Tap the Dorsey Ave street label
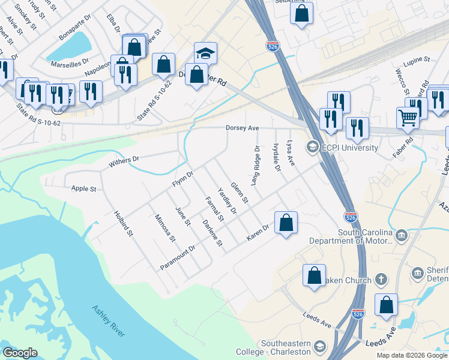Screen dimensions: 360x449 (242, 128)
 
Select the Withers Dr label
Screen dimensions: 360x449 (124, 161)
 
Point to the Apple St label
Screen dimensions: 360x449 (84, 189)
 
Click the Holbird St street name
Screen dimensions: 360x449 (123, 223)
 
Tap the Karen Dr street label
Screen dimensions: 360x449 (258, 234)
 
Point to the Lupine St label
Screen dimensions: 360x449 (418, 60)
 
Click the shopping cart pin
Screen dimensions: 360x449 (408, 118)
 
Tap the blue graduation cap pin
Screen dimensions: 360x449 (205, 53)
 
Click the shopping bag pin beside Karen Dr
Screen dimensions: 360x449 (286, 223)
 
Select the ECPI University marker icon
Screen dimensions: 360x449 (312, 147)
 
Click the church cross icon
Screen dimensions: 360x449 (381, 279)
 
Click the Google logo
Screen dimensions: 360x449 (20, 353)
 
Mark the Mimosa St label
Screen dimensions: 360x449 (164, 228)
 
